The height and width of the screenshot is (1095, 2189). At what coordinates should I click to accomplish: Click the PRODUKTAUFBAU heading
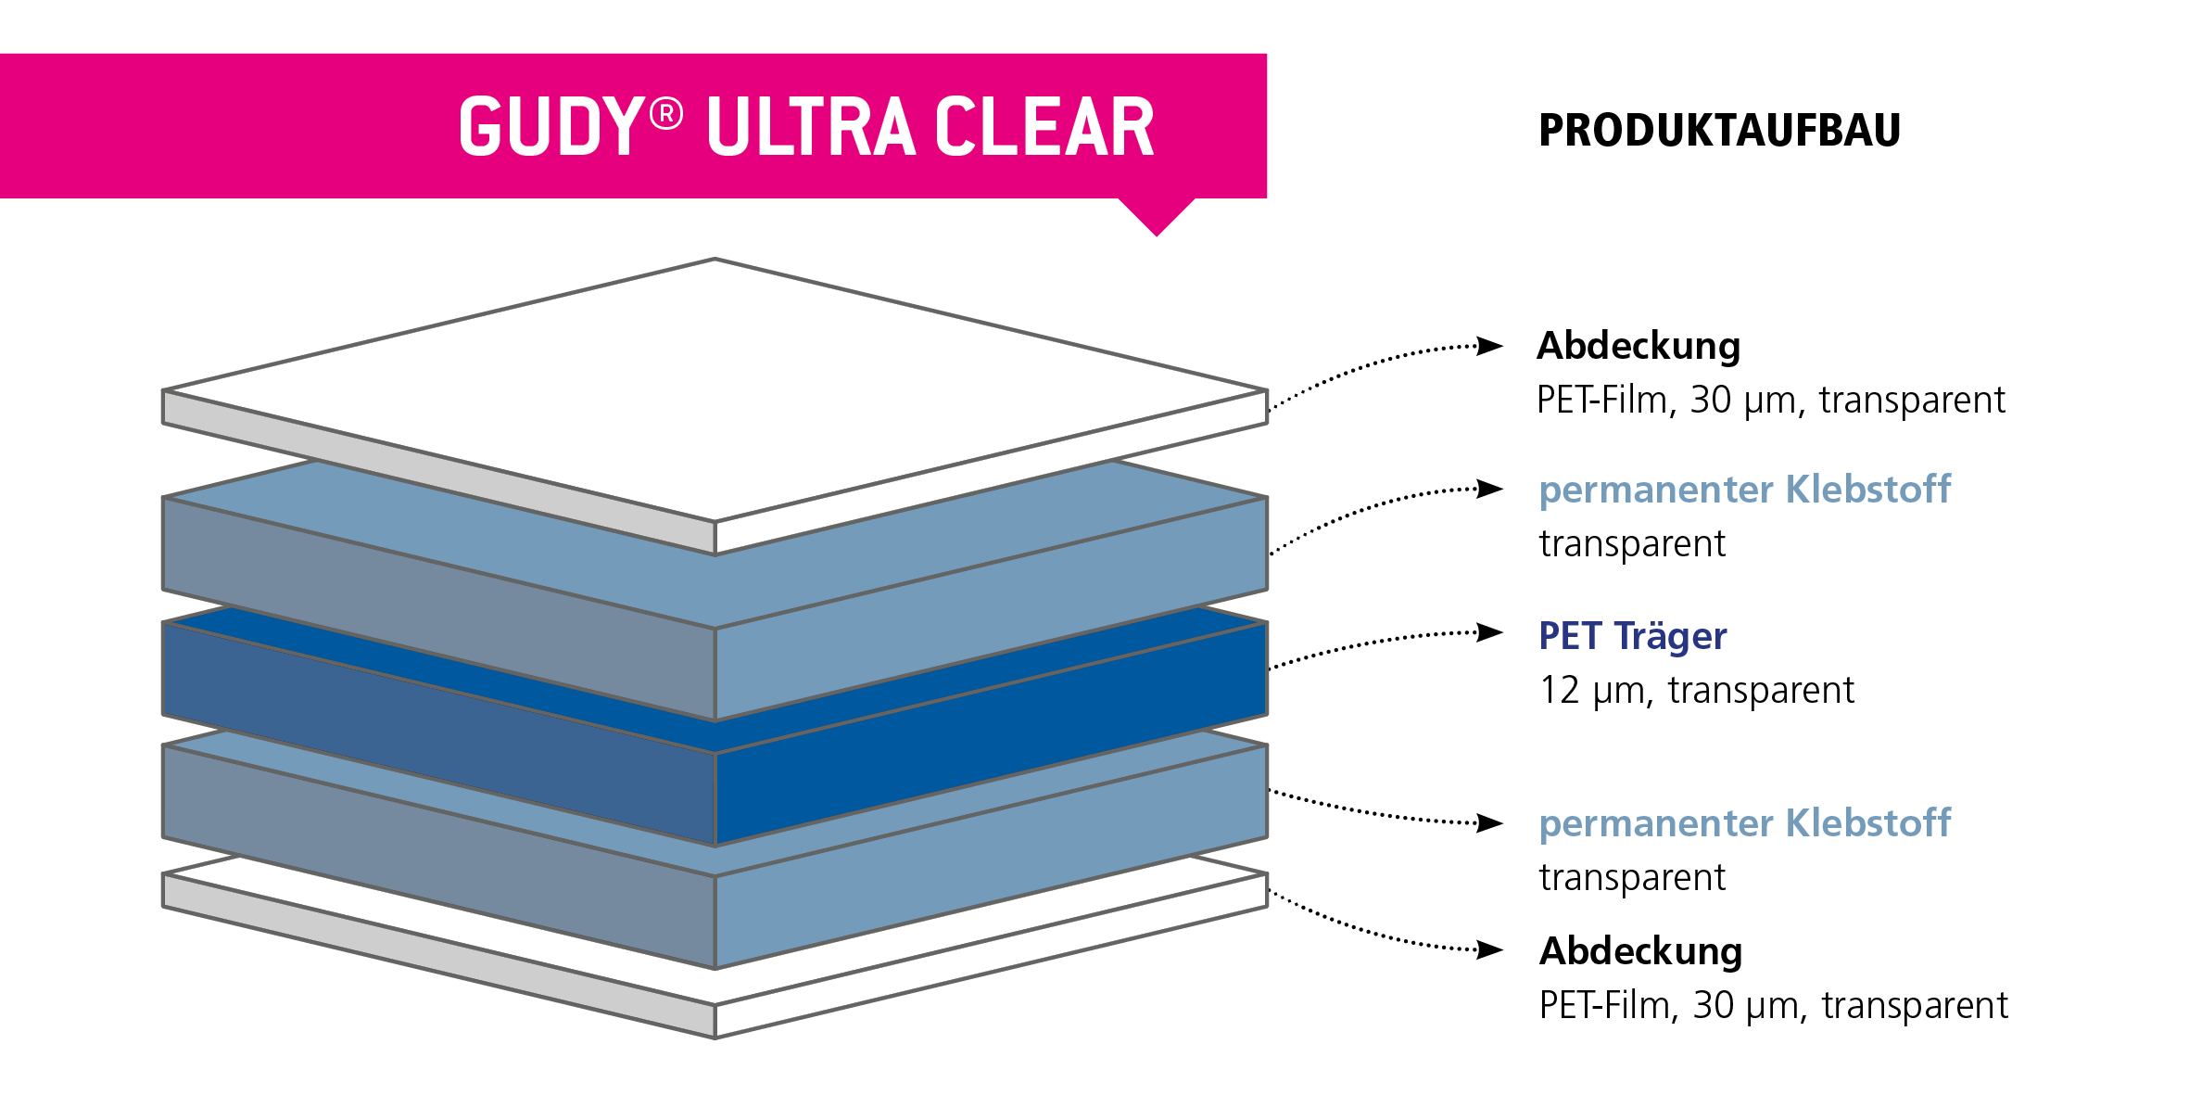tap(1719, 130)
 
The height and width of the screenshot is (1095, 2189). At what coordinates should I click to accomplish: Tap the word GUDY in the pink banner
tap(551, 127)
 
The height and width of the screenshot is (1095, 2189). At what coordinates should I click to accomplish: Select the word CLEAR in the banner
tap(1044, 127)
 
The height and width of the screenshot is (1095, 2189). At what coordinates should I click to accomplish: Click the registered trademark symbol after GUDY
tap(666, 114)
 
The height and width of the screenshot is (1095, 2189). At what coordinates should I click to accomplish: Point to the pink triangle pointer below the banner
tap(1157, 215)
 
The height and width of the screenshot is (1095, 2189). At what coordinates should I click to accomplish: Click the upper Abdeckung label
tap(1639, 346)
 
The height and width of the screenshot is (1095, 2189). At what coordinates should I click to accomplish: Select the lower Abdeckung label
tap(1640, 951)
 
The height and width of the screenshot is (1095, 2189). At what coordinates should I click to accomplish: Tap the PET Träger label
tap(1633, 636)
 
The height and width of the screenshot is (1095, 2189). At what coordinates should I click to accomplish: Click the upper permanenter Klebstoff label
tap(1744, 490)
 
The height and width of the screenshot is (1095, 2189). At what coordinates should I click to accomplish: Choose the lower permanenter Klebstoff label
tap(1744, 823)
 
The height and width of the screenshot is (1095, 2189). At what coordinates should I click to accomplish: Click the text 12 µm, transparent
tap(1696, 691)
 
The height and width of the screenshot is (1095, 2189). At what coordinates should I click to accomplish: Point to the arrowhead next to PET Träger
tap(1489, 633)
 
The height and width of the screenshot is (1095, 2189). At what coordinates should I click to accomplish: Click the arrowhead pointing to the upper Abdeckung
tap(1489, 346)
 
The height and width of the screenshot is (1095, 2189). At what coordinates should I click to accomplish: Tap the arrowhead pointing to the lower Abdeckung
tap(1489, 949)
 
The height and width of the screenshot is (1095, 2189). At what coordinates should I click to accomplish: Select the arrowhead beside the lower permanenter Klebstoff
tap(1489, 822)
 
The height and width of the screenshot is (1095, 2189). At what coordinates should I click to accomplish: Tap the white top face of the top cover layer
tap(715, 389)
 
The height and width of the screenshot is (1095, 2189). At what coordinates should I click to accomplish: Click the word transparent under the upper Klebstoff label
tap(1632, 544)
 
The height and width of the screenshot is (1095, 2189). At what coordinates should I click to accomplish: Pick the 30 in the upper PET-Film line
tap(1711, 401)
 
